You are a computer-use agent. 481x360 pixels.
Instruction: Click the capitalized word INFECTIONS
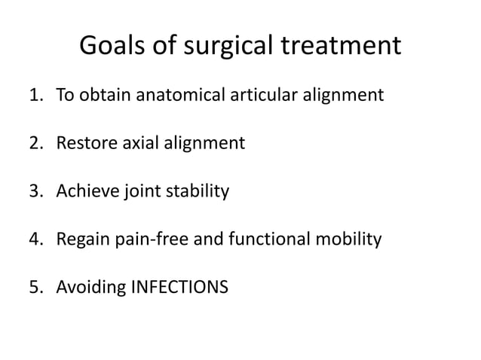coord(176,288)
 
